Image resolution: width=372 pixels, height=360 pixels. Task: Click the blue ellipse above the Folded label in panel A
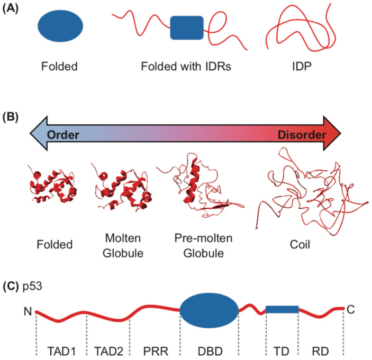60,28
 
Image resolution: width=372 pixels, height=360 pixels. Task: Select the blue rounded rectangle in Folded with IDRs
187,28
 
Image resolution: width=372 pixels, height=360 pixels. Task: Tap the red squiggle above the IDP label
297,29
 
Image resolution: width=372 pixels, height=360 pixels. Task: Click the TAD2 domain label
108,350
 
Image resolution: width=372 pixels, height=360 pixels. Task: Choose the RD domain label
321,350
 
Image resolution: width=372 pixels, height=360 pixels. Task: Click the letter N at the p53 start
28,311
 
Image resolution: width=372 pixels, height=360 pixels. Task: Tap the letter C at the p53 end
351,310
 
